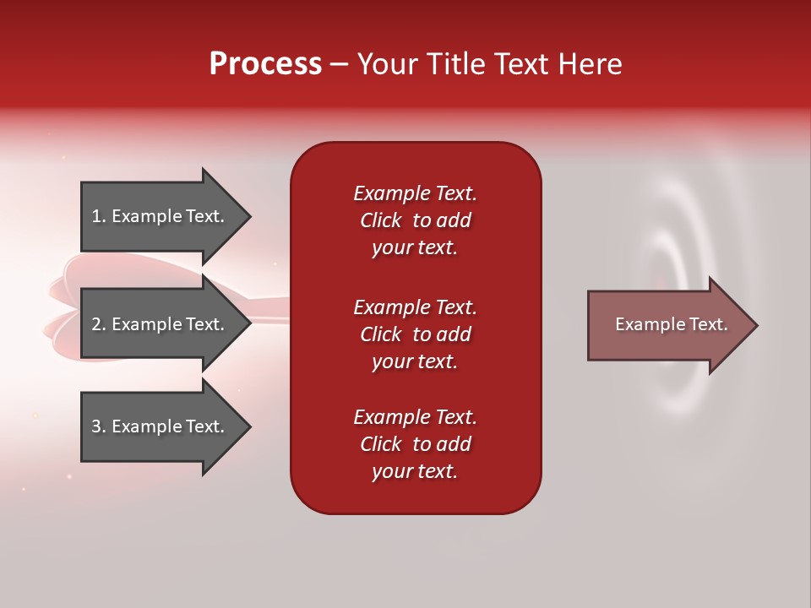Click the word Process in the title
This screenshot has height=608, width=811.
pyautogui.click(x=265, y=64)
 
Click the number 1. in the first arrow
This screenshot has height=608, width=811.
pyautogui.click(x=99, y=216)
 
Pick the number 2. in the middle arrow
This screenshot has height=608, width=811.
pyautogui.click(x=99, y=324)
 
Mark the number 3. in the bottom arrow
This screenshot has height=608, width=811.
pyautogui.click(x=99, y=426)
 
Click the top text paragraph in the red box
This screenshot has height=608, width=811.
pyautogui.click(x=415, y=220)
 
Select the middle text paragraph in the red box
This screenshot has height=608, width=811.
pyautogui.click(x=415, y=334)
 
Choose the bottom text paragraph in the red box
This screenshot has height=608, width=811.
pyautogui.click(x=415, y=444)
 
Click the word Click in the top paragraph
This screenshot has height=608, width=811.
pyautogui.click(x=380, y=220)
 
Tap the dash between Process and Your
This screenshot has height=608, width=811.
pyautogui.click(x=339, y=64)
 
